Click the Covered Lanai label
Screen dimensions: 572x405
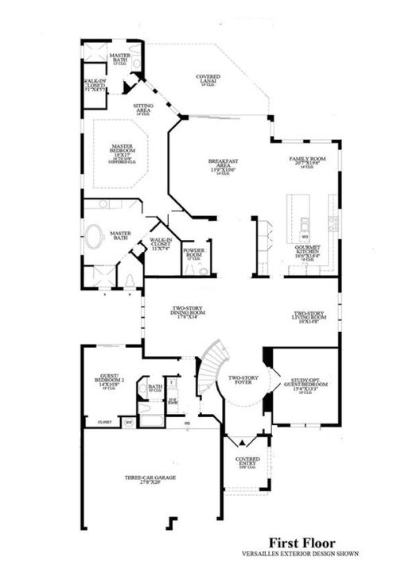[208, 79]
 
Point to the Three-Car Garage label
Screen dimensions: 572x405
[150, 478]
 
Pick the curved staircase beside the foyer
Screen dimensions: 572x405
[211, 365]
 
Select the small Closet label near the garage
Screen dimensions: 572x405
[105, 422]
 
